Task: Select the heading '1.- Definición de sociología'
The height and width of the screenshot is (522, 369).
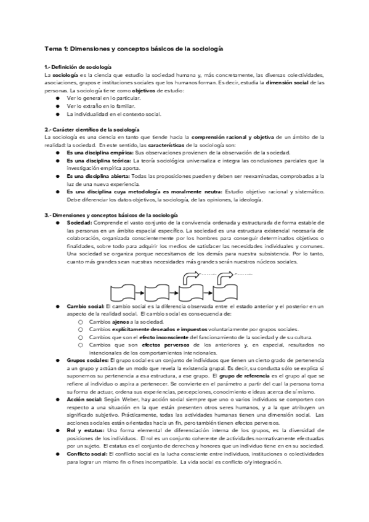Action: (x=78, y=66)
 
